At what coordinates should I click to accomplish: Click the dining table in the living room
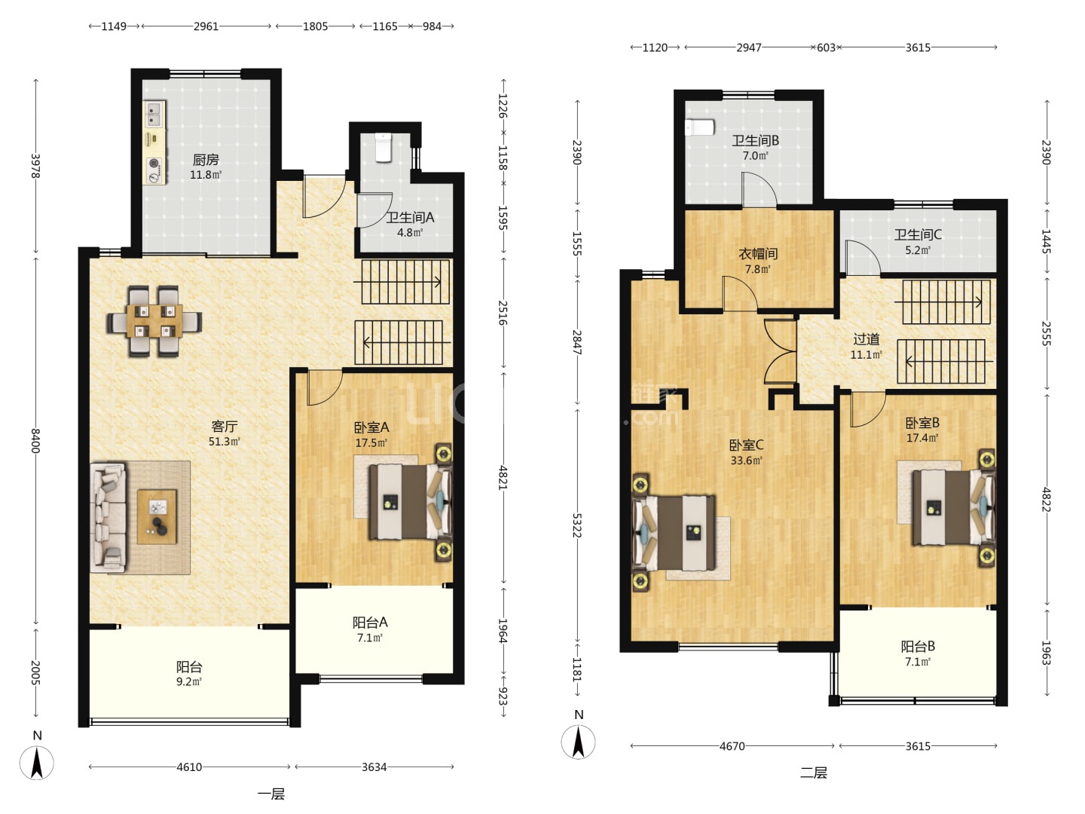pos(154,321)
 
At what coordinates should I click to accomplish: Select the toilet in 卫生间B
pos(699,127)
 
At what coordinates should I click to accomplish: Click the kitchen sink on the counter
pos(154,114)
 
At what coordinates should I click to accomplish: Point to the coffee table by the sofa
pos(157,516)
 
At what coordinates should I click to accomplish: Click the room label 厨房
pos(206,160)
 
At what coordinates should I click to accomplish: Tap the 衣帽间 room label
pos(758,254)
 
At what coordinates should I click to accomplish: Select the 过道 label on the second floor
pos(866,339)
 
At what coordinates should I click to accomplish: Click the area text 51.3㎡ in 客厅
pos(224,442)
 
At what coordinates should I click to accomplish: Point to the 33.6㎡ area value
pos(746,461)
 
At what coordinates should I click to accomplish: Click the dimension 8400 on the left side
pos(35,441)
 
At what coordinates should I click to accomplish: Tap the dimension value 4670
pos(732,746)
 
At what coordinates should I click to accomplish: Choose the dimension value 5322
pos(577,525)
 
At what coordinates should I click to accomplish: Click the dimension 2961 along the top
pos(206,26)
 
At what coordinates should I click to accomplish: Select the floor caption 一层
pos(271,794)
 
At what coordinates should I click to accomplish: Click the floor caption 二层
pos(813,773)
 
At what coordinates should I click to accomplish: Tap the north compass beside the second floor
pos(578,742)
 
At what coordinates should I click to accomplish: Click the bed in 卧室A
pos(411,501)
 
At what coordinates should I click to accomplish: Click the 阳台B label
pos(918,647)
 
